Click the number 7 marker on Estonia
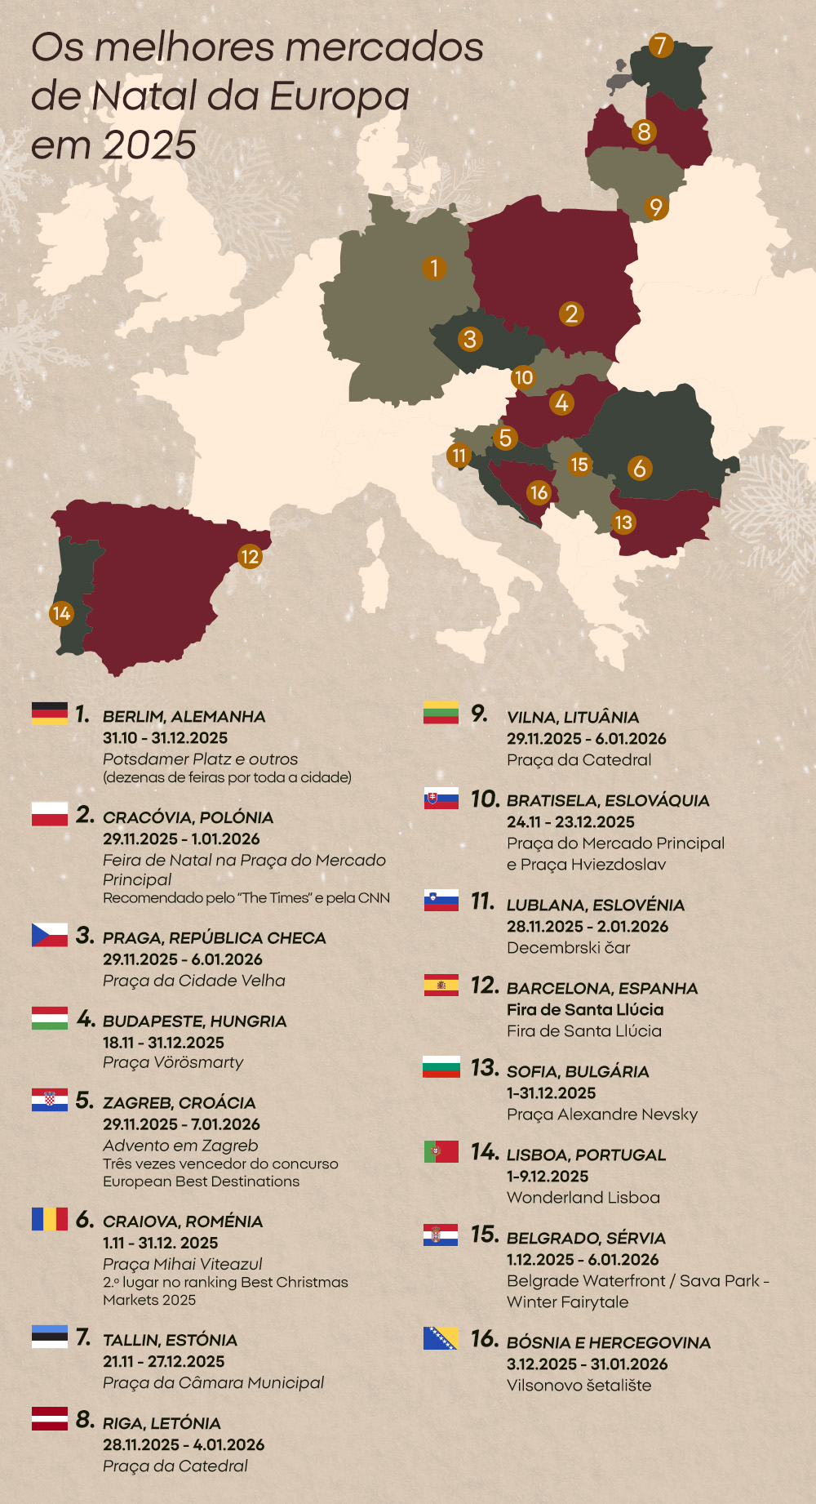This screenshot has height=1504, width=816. (661, 46)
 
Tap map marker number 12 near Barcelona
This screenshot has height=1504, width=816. (250, 557)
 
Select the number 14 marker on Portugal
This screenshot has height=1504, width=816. (61, 613)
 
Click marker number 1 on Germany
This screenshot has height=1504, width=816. (434, 268)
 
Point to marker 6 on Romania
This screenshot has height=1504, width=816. (640, 468)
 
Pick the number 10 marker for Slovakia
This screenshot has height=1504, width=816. (523, 377)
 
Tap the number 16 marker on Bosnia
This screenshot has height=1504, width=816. (539, 492)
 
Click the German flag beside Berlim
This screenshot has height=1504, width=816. (50, 713)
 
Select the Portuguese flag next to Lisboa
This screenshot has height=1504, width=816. (441, 1151)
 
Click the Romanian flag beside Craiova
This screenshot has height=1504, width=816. (50, 1219)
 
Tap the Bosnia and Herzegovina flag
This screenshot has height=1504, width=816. (441, 1338)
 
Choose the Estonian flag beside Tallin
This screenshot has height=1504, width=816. (50, 1337)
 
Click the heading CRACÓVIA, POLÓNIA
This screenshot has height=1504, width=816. (188, 817)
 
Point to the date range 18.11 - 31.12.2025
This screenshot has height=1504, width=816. (163, 1043)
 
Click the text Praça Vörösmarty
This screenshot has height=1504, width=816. (173, 1062)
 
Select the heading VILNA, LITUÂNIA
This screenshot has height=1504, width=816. (572, 718)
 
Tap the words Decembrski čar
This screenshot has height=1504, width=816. (568, 948)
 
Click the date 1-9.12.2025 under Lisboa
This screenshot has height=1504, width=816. (547, 1177)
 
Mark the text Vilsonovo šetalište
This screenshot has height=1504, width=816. (579, 1386)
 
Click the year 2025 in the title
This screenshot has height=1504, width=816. (150, 145)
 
